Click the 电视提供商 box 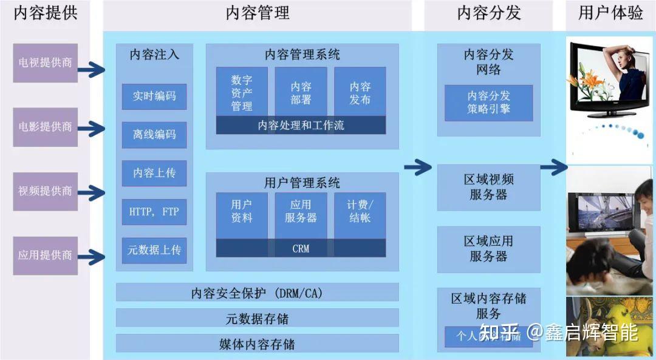coord(45,63)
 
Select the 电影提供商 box coord(45,127)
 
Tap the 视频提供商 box coord(45,191)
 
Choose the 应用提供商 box coord(45,255)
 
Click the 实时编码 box coord(154,96)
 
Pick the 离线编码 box coord(154,134)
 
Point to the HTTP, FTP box coord(154,212)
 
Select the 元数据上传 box coord(154,250)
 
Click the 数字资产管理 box coord(242,92)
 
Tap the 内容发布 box coord(360,92)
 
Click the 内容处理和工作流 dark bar coord(301,125)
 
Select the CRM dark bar coord(301,248)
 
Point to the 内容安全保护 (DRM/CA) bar coord(257,293)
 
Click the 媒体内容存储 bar coord(257,344)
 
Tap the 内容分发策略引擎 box coord(488,103)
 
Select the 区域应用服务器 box coord(488,250)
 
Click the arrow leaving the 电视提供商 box coord(91,69)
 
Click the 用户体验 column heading coord(610,13)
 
